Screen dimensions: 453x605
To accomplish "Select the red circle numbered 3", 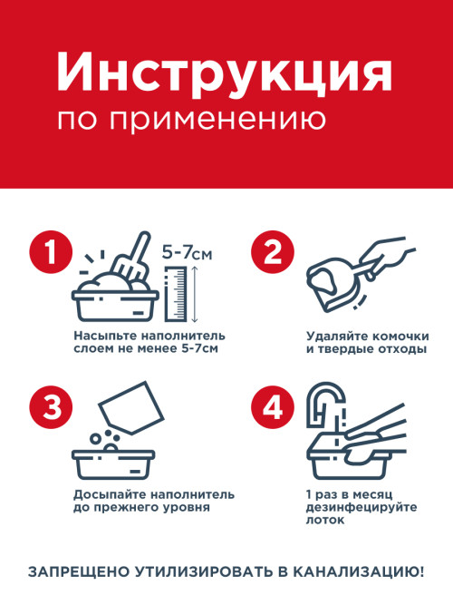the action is pos(51,406).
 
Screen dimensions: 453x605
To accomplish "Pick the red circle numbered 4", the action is pos(273,406).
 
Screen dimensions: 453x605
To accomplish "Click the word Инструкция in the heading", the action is pos(225,73).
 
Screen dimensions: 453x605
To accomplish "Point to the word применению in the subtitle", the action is pos(217,121).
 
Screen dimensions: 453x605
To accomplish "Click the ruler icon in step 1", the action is pos(176,294).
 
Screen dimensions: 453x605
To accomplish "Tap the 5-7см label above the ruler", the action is pos(187,253).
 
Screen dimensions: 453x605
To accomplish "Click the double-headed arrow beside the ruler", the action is pos(195,294).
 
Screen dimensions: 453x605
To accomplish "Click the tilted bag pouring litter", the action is pos(132,408).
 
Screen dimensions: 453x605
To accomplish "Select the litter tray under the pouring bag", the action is pos(114,464).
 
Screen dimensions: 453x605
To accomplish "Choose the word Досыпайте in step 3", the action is pos(110,495).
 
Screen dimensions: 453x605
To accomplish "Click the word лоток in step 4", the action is pos(320,520).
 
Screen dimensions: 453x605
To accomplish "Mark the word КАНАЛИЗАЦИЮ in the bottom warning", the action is pos(358,571).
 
